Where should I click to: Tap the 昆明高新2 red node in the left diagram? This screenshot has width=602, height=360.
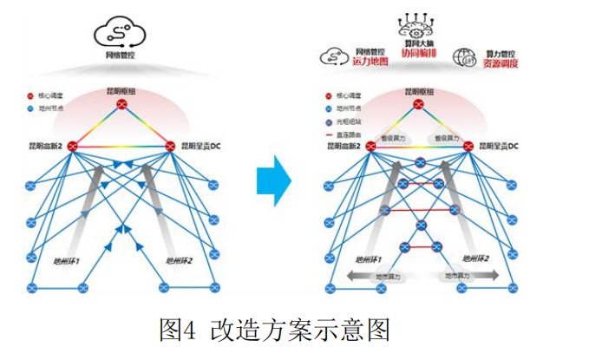[72, 146]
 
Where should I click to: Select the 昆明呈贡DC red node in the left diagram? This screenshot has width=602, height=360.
[171, 146]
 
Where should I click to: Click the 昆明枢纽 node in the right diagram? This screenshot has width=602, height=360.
[420, 105]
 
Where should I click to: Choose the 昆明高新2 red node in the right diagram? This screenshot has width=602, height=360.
[370, 146]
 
